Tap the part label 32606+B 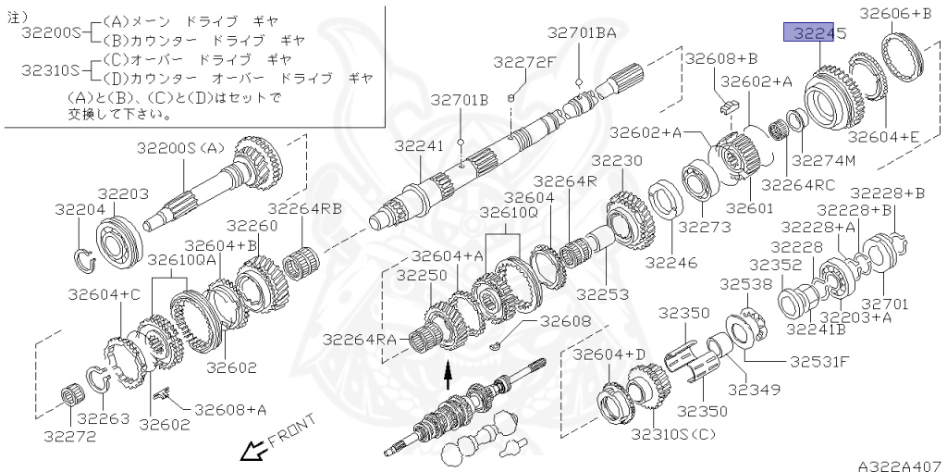896,13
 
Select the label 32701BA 581,33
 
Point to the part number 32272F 524,63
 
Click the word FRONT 291,430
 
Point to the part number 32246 667,262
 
